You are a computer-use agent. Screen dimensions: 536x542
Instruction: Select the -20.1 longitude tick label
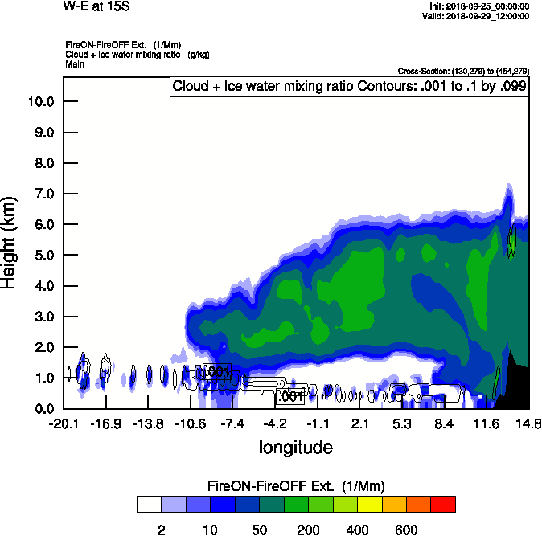[x=63, y=423]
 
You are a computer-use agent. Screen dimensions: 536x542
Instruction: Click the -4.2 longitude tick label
[x=276, y=423]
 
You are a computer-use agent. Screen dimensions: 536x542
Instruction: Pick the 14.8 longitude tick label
[x=528, y=423]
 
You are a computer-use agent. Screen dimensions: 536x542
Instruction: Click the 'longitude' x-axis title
[x=295, y=446]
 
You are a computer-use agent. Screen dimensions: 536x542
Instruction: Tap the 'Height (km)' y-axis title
[x=10, y=241]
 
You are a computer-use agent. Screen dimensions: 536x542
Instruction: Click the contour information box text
[x=350, y=85]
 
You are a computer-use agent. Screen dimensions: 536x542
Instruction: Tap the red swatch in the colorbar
[x=443, y=504]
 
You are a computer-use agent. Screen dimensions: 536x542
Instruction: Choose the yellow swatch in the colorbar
[x=370, y=504]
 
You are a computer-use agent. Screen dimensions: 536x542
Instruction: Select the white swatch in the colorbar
[x=149, y=504]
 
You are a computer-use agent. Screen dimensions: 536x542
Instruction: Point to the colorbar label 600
[x=407, y=530]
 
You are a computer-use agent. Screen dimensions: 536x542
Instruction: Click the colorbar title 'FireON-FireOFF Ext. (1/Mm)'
[x=296, y=486]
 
